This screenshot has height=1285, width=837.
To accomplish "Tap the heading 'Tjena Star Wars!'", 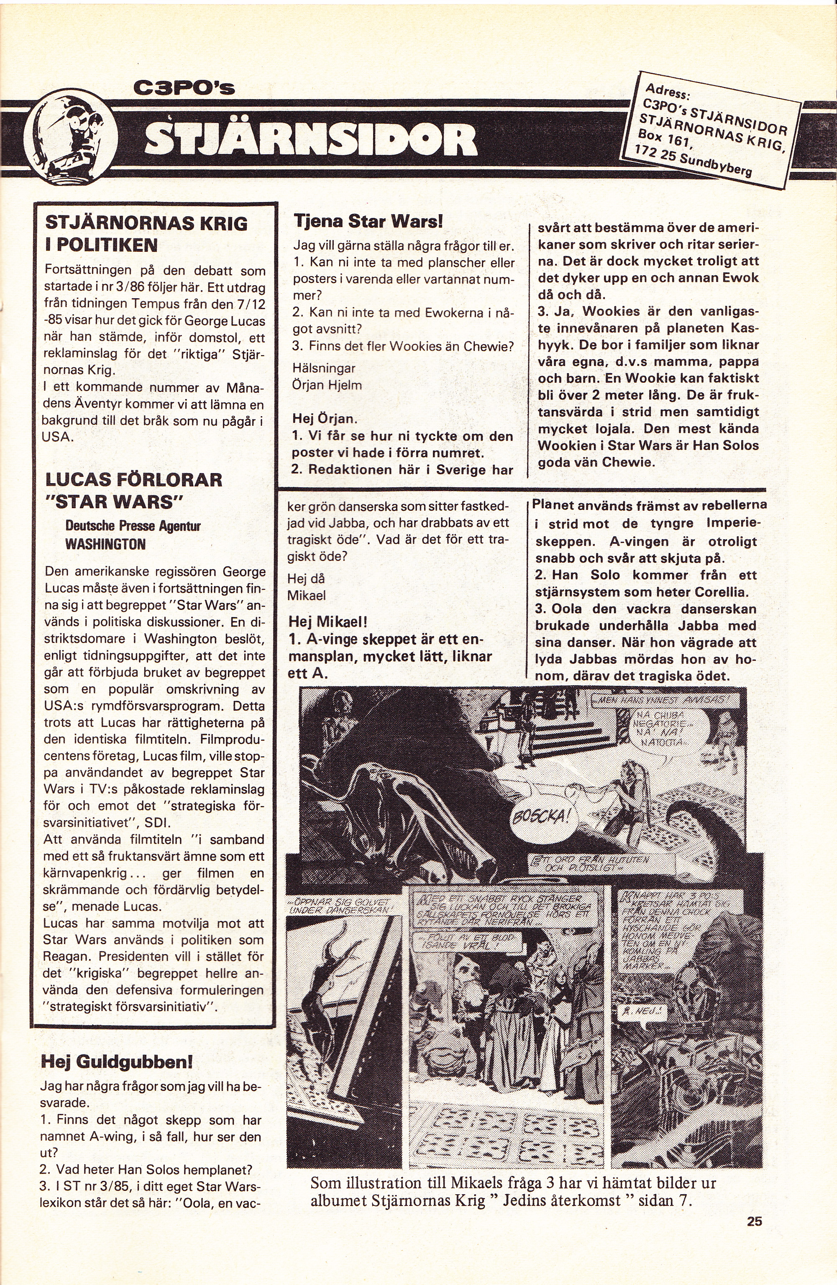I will click(x=368, y=221).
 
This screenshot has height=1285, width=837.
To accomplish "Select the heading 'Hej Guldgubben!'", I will click(x=117, y=1062).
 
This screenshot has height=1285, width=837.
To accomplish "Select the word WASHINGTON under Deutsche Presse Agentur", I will click(x=105, y=544).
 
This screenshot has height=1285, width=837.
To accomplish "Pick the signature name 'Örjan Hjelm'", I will click(x=327, y=385).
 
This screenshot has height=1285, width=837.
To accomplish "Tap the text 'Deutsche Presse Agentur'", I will click(x=133, y=526).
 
